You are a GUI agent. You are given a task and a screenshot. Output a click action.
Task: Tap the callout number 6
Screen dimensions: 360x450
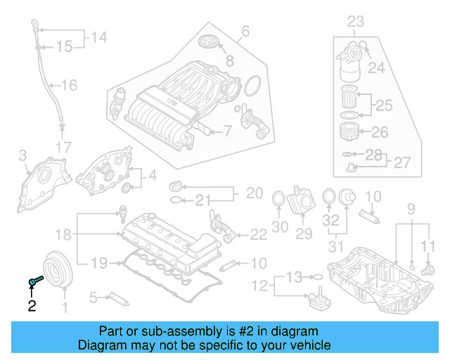click(x=245, y=31)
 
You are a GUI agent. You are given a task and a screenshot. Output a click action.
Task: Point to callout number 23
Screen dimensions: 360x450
click(x=356, y=20)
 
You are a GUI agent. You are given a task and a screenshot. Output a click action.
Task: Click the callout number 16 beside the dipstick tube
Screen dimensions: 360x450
click(x=68, y=86)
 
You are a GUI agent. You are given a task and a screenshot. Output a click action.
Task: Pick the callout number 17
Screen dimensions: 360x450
click(x=63, y=147)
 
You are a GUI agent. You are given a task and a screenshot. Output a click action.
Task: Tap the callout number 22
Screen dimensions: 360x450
click(x=258, y=234)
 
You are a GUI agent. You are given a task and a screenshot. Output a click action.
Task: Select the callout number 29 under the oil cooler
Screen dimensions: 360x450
click(x=304, y=233)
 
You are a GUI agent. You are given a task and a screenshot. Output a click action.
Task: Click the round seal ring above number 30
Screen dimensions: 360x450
click(x=278, y=199)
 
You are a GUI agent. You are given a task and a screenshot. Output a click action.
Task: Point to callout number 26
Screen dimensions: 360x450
click(x=379, y=132)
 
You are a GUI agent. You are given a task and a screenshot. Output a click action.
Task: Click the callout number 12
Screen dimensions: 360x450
click(x=262, y=286)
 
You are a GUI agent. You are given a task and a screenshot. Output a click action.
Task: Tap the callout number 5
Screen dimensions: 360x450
click(x=92, y=298)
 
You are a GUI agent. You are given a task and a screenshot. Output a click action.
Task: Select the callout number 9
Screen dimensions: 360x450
click(x=411, y=208)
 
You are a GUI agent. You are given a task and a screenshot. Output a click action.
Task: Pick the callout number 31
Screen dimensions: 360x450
click(x=337, y=247)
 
